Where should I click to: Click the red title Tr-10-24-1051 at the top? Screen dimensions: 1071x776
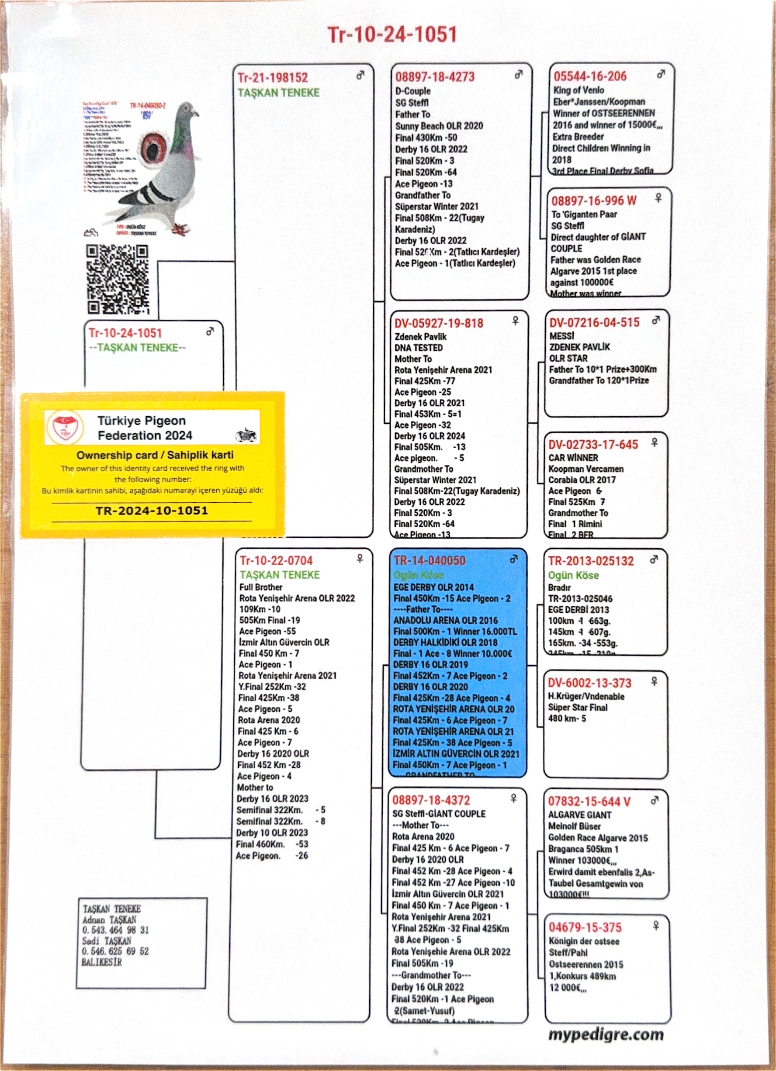click(392, 35)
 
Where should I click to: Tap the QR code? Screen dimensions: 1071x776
click(118, 279)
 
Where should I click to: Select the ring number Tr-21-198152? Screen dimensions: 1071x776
click(273, 77)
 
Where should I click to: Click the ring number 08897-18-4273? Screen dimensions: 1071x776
click(434, 77)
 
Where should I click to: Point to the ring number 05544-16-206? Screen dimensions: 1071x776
click(590, 76)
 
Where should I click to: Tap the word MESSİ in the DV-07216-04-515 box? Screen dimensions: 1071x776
click(561, 336)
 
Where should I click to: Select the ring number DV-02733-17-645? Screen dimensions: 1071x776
click(593, 444)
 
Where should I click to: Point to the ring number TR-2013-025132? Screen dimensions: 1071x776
click(591, 561)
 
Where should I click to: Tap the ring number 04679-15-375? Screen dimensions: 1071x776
click(585, 927)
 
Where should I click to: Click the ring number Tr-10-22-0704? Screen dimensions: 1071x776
click(276, 560)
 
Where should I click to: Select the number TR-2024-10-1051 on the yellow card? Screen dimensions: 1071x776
click(152, 511)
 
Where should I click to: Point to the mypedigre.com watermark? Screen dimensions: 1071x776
click(606, 1034)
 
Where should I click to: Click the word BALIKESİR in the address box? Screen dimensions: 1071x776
click(101, 961)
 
